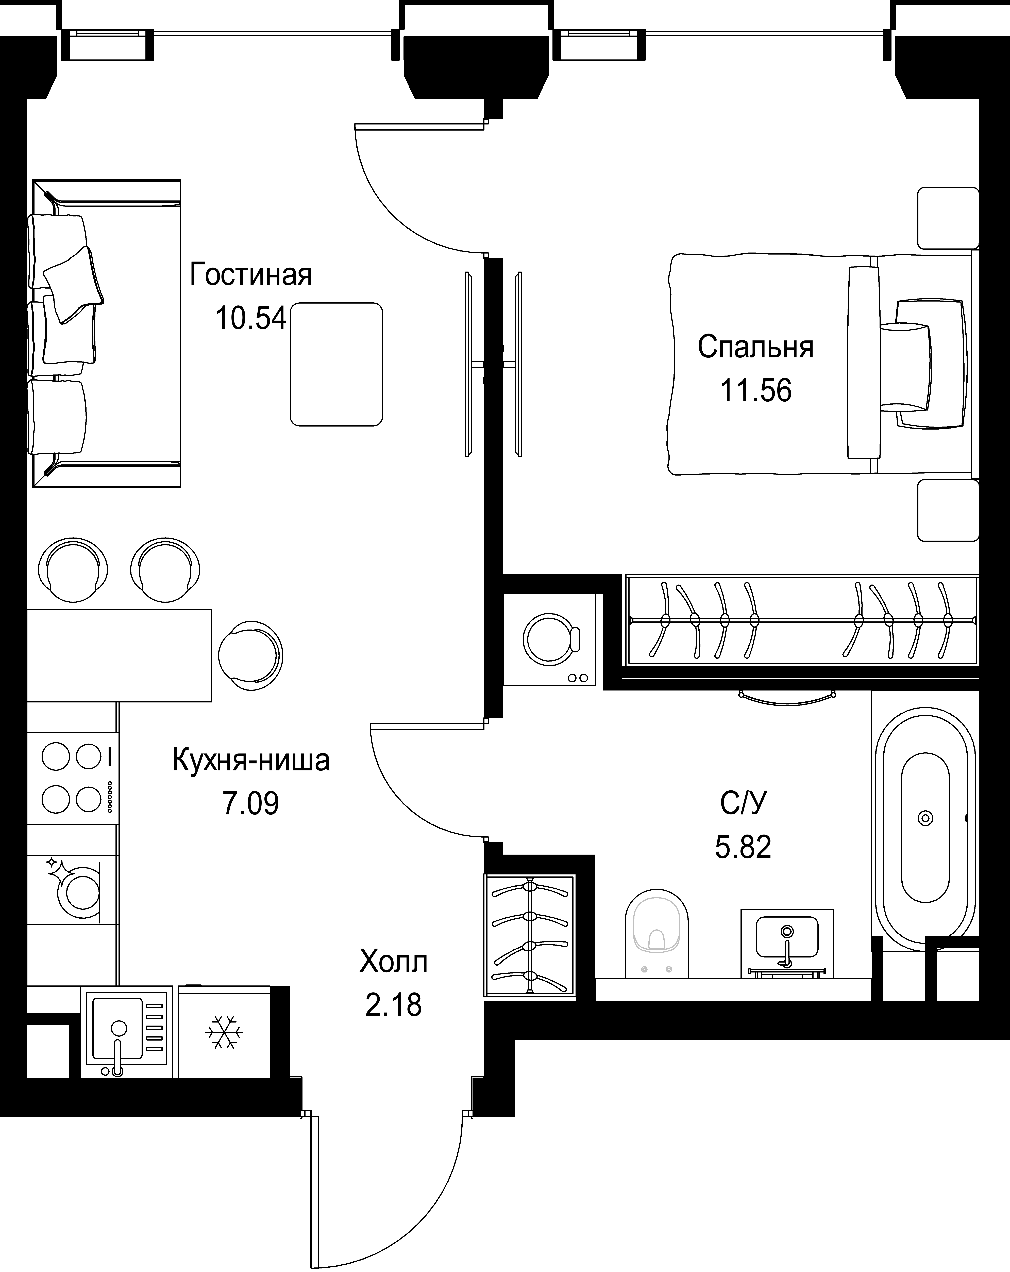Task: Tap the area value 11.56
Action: pyautogui.click(x=756, y=391)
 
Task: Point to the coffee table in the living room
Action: pyautogui.click(x=336, y=364)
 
